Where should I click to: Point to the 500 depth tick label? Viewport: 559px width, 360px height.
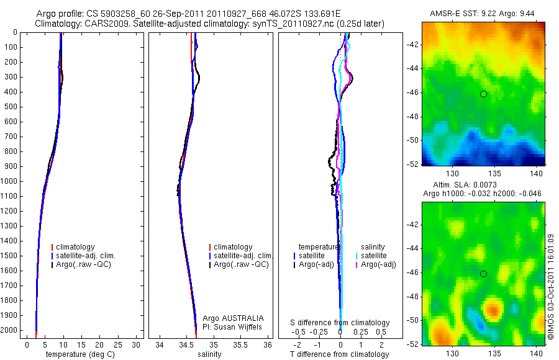point(10,107)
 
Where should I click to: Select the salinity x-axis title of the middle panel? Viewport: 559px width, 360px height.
point(209,355)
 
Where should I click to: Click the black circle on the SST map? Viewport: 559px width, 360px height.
point(483,94)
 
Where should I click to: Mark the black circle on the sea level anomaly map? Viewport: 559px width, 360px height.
point(483,274)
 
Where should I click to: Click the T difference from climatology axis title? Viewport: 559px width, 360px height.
point(340,355)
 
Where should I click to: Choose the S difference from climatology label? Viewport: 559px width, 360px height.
point(340,323)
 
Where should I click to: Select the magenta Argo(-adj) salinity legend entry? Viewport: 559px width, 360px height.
point(378,265)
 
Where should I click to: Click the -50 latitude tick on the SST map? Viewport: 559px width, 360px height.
point(412,140)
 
